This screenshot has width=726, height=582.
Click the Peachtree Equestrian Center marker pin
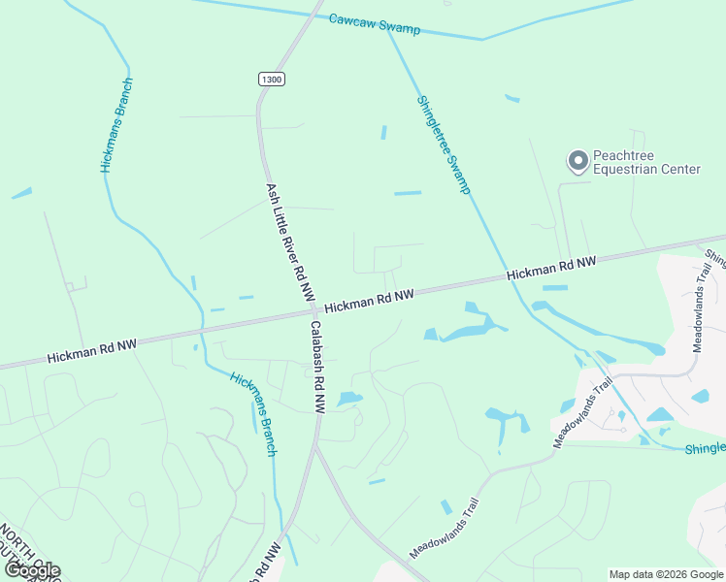pos(578,161)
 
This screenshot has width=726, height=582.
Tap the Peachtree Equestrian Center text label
pos(646,162)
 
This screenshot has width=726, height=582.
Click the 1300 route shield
pos(272,79)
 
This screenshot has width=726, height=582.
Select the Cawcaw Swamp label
pos(374,23)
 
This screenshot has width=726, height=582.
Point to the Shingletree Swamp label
pos(444,144)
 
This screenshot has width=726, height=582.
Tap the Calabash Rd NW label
pos(316,368)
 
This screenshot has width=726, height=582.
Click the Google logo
pos(31,569)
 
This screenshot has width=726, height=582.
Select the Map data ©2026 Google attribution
pos(666,574)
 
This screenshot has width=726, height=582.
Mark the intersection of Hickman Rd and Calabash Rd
pos(311,313)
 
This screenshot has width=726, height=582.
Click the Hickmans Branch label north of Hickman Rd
pos(116,124)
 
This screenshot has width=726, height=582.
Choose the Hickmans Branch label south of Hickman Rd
pos(254,413)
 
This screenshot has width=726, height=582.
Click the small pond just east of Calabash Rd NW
pos(349,399)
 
